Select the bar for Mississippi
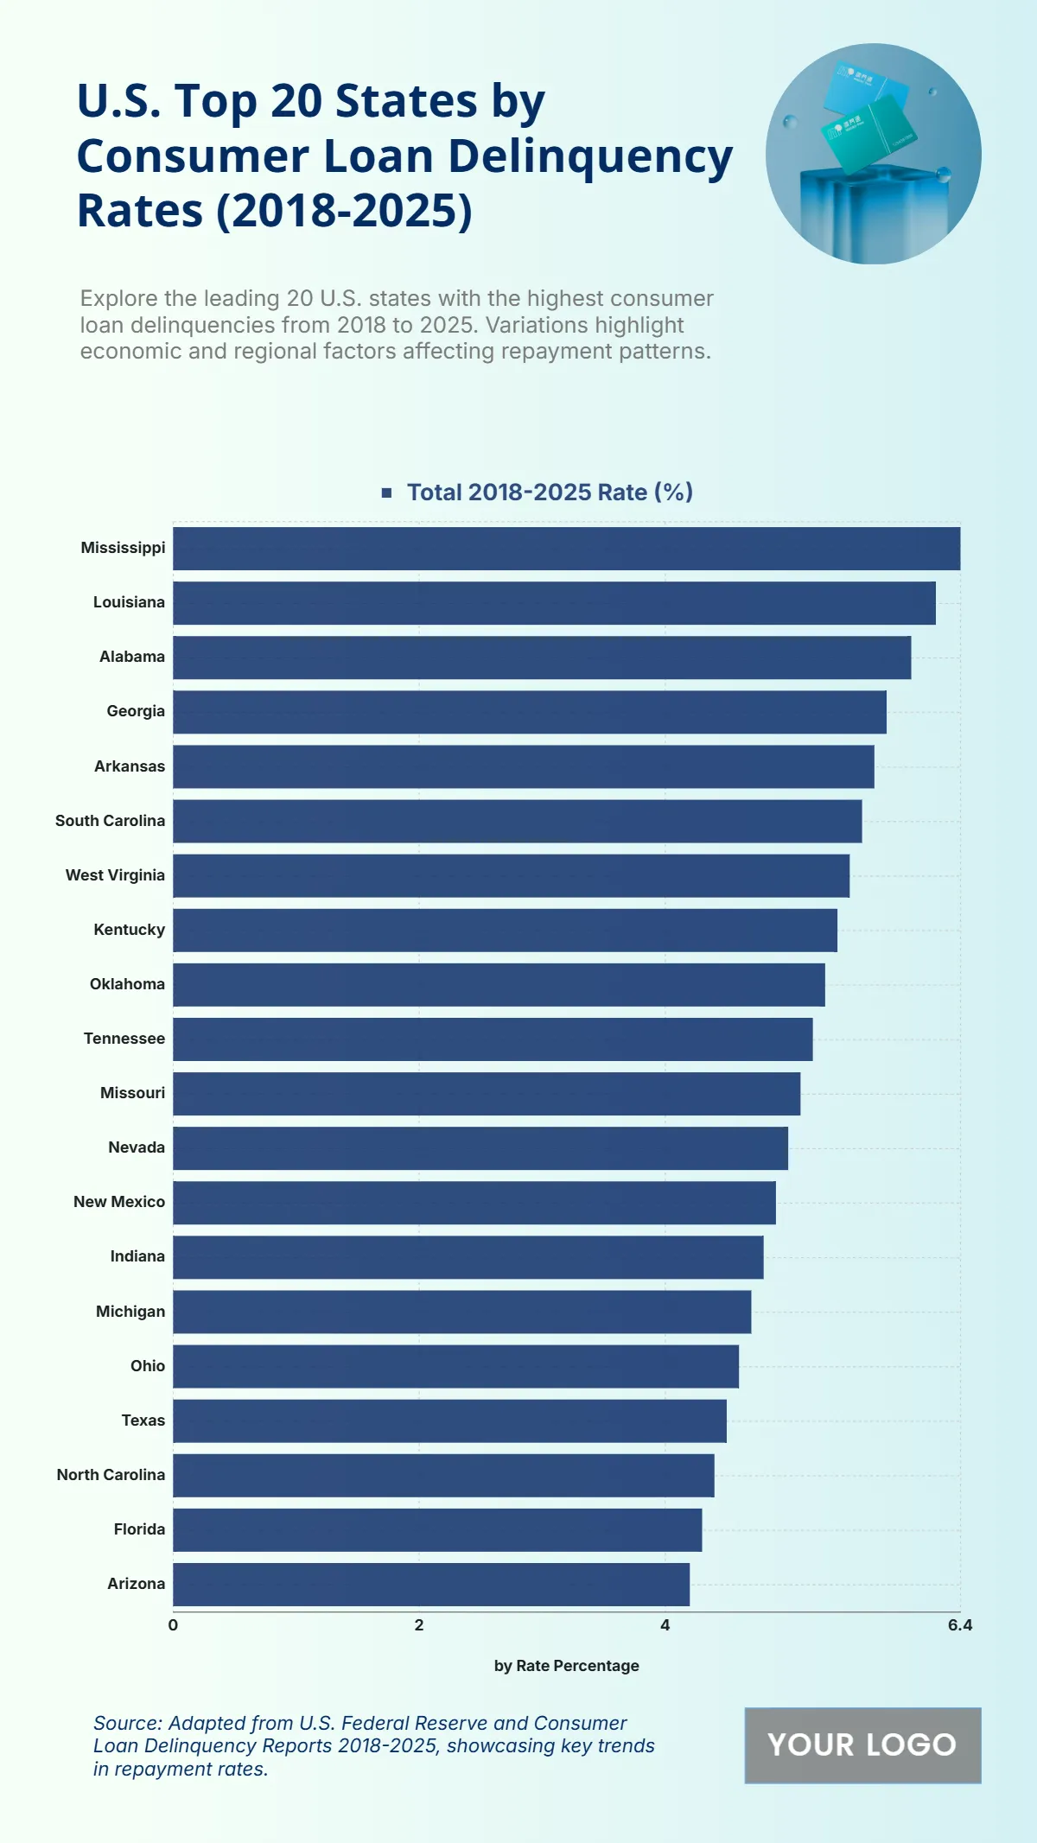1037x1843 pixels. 566,549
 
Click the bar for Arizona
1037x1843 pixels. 431,1585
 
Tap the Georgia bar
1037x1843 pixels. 529,712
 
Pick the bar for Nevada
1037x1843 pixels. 480,1148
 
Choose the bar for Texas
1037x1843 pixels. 449,1421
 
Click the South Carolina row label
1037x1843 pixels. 110,821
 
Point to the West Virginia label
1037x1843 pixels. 115,875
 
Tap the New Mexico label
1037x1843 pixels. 119,1202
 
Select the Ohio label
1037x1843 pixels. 148,1366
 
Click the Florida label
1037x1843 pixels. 139,1529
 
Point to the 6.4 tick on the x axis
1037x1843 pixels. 959,1625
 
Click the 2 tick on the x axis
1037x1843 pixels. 419,1625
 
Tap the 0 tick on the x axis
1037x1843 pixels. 173,1625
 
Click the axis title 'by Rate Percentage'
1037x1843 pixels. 566,1666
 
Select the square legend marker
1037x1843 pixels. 387,493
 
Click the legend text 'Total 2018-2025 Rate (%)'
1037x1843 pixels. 550,493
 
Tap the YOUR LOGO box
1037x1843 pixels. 862,1745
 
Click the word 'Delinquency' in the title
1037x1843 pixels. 589,157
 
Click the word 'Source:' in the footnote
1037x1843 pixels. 127,1723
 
